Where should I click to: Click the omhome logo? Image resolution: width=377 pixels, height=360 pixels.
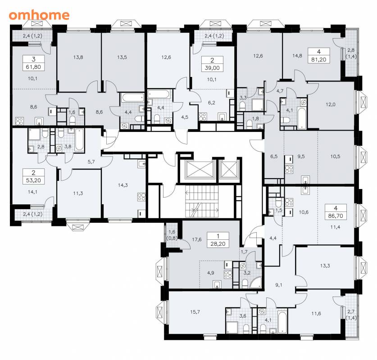tap(39, 15)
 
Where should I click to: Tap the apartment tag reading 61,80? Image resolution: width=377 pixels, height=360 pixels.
tap(33, 63)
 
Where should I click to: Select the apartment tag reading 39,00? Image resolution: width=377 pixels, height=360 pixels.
tap(212, 64)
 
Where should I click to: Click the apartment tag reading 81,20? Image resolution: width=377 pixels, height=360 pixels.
tap(319, 55)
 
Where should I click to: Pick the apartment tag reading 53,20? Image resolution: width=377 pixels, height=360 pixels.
tap(33, 176)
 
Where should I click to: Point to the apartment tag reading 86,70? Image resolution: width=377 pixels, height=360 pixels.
tap(336, 212)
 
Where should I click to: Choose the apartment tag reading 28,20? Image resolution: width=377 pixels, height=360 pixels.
tap(218, 240)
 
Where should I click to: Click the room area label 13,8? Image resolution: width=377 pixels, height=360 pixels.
tap(78, 57)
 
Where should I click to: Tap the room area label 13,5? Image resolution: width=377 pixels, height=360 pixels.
tap(122, 57)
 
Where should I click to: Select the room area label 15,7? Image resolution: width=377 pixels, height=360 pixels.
tap(195, 312)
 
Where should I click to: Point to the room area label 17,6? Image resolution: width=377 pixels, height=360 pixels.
tap(197, 239)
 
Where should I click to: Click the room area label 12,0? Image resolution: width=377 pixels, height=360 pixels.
tap(331, 104)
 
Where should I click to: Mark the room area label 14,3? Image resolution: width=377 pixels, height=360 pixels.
tap(123, 185)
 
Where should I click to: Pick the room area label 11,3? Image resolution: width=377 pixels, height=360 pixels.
tap(78, 193)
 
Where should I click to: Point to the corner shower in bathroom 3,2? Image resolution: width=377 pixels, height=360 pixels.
tap(255, 283)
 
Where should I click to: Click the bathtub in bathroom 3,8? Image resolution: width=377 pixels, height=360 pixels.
tap(79, 140)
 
